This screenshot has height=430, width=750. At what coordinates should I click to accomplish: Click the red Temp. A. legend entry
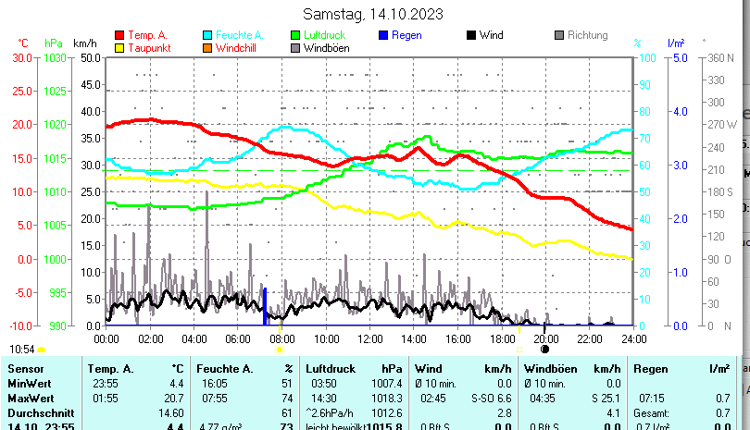click(147, 35)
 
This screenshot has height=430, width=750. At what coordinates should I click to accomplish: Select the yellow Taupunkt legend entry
click(146, 47)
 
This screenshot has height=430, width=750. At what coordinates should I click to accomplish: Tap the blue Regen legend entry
click(406, 35)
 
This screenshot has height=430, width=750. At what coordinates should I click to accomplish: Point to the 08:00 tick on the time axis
click(281, 339)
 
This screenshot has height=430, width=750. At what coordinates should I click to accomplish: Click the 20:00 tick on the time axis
click(544, 339)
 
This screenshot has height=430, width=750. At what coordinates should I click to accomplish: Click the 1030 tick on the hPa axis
click(55, 57)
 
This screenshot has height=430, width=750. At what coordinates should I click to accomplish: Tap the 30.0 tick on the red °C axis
click(19, 57)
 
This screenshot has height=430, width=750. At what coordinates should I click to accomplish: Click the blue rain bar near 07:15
click(265, 306)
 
